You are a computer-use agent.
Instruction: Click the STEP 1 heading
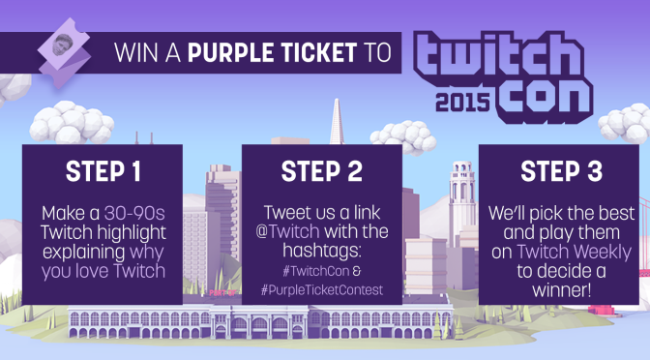(103, 174)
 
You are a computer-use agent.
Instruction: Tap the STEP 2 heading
(322, 174)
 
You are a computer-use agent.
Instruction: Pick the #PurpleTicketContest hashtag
(323, 291)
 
